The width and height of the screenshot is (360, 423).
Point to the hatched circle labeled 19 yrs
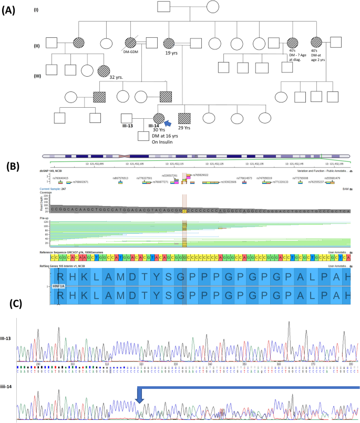point(170,44)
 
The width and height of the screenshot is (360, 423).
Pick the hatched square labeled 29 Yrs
point(184,119)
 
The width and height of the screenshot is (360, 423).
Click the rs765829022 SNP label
point(200,175)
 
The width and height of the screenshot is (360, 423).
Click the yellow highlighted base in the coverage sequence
point(184,210)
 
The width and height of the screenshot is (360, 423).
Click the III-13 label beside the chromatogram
point(7,338)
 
